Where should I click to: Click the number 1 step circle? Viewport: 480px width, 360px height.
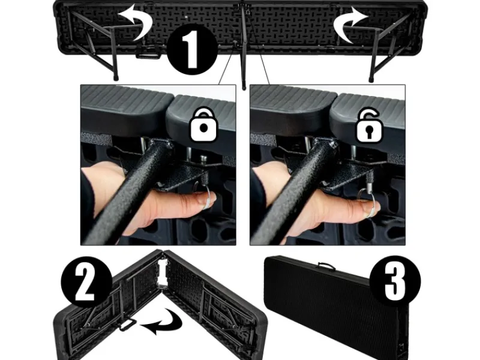193,49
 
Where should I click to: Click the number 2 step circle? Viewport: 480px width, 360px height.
86,282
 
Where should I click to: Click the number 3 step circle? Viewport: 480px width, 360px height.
395,281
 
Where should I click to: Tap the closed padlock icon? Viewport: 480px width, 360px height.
203,124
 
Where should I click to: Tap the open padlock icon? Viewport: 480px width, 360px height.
370,125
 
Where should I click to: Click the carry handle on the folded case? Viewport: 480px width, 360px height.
326,266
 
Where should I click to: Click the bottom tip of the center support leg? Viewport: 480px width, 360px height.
244,88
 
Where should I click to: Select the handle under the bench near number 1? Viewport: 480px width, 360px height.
148,53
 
